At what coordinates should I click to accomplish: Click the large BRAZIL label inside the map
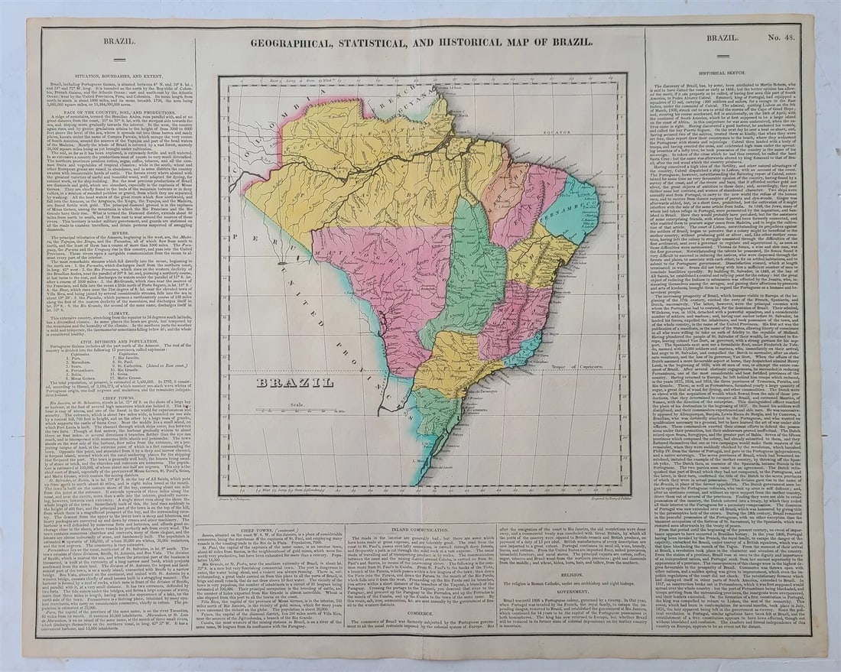[x=294, y=382]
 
